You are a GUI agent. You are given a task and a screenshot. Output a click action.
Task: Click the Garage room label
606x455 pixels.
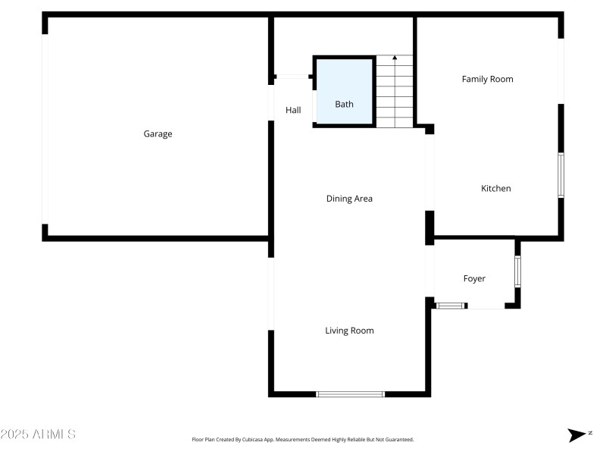coord(158,134)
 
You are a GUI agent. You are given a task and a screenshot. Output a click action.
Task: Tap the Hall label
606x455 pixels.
coord(293,111)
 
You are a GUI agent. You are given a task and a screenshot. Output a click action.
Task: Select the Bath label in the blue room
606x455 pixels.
coord(344,105)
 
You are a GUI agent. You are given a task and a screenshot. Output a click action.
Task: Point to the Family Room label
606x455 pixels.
coord(488,79)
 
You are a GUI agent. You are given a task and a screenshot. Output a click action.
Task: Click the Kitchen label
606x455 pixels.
coord(496,189)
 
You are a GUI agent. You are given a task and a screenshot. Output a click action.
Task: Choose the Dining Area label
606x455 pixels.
coord(349,199)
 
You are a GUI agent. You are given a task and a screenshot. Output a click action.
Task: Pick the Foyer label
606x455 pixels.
coord(474,279)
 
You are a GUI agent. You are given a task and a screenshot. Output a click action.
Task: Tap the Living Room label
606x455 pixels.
coord(349,331)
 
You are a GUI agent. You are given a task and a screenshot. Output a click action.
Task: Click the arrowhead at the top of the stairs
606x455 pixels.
coord(395,58)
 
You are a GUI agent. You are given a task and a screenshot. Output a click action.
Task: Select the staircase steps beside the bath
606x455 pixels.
coord(395,95)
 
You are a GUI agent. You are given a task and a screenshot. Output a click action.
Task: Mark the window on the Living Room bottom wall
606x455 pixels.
coord(350,394)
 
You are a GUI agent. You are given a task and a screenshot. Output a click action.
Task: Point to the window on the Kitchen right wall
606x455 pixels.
coord(561,175)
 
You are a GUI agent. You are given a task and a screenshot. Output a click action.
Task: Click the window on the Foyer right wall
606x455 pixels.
coord(518,271)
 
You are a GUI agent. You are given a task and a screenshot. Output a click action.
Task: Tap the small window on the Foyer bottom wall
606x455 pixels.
coord(449,306)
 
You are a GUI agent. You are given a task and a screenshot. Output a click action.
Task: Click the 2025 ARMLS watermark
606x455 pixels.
coord(38,435)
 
